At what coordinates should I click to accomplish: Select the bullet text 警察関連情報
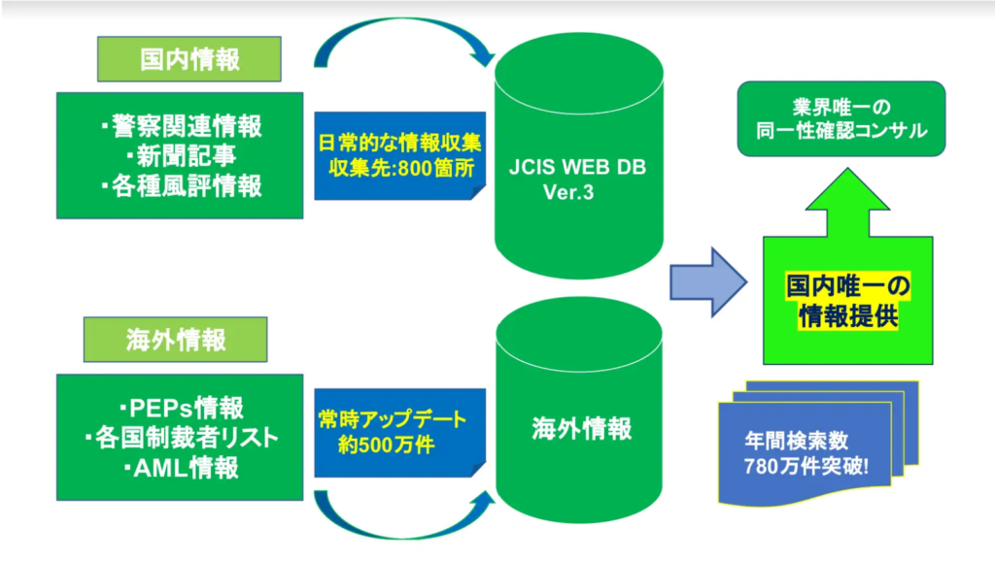[180, 126]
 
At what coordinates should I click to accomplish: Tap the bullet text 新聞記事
[180, 156]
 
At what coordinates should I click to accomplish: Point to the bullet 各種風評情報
[180, 186]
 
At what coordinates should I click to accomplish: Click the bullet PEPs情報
[180, 407]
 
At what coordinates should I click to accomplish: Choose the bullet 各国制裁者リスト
[180, 438]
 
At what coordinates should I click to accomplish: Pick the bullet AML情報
[180, 469]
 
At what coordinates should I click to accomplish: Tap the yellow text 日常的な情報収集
[400, 141]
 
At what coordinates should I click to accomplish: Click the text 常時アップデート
[393, 421]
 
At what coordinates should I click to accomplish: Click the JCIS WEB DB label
[577, 167]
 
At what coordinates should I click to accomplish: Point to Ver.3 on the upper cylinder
[568, 192]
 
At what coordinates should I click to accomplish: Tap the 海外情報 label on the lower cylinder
[581, 428]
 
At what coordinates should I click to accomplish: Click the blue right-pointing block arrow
[707, 281]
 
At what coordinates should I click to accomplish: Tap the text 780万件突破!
[805, 464]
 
